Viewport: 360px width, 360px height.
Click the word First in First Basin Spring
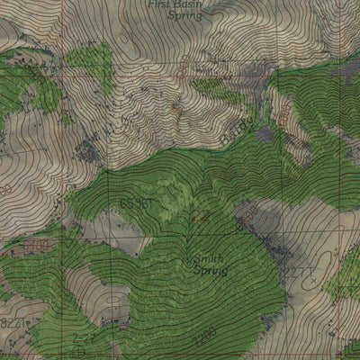[163, 4]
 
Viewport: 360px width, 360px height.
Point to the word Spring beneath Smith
[210, 269]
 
